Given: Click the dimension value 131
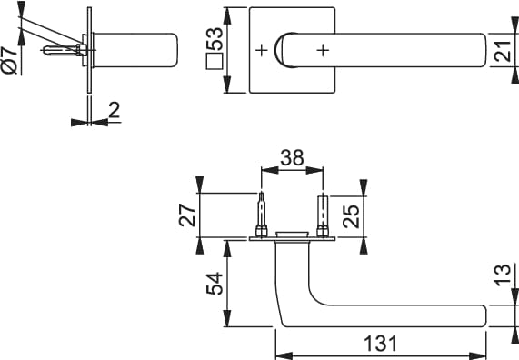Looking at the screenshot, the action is point(380,343).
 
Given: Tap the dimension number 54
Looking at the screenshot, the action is point(215,283).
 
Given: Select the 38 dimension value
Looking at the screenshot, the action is point(292,157).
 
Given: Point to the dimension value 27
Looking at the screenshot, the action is point(186,215).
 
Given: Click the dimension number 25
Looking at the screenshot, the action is point(351,216).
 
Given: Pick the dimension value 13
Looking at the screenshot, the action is point(502,275).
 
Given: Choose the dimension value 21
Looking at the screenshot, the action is point(503,51).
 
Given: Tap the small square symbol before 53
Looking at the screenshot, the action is point(215,61).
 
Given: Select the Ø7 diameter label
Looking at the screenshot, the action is point(9,60).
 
